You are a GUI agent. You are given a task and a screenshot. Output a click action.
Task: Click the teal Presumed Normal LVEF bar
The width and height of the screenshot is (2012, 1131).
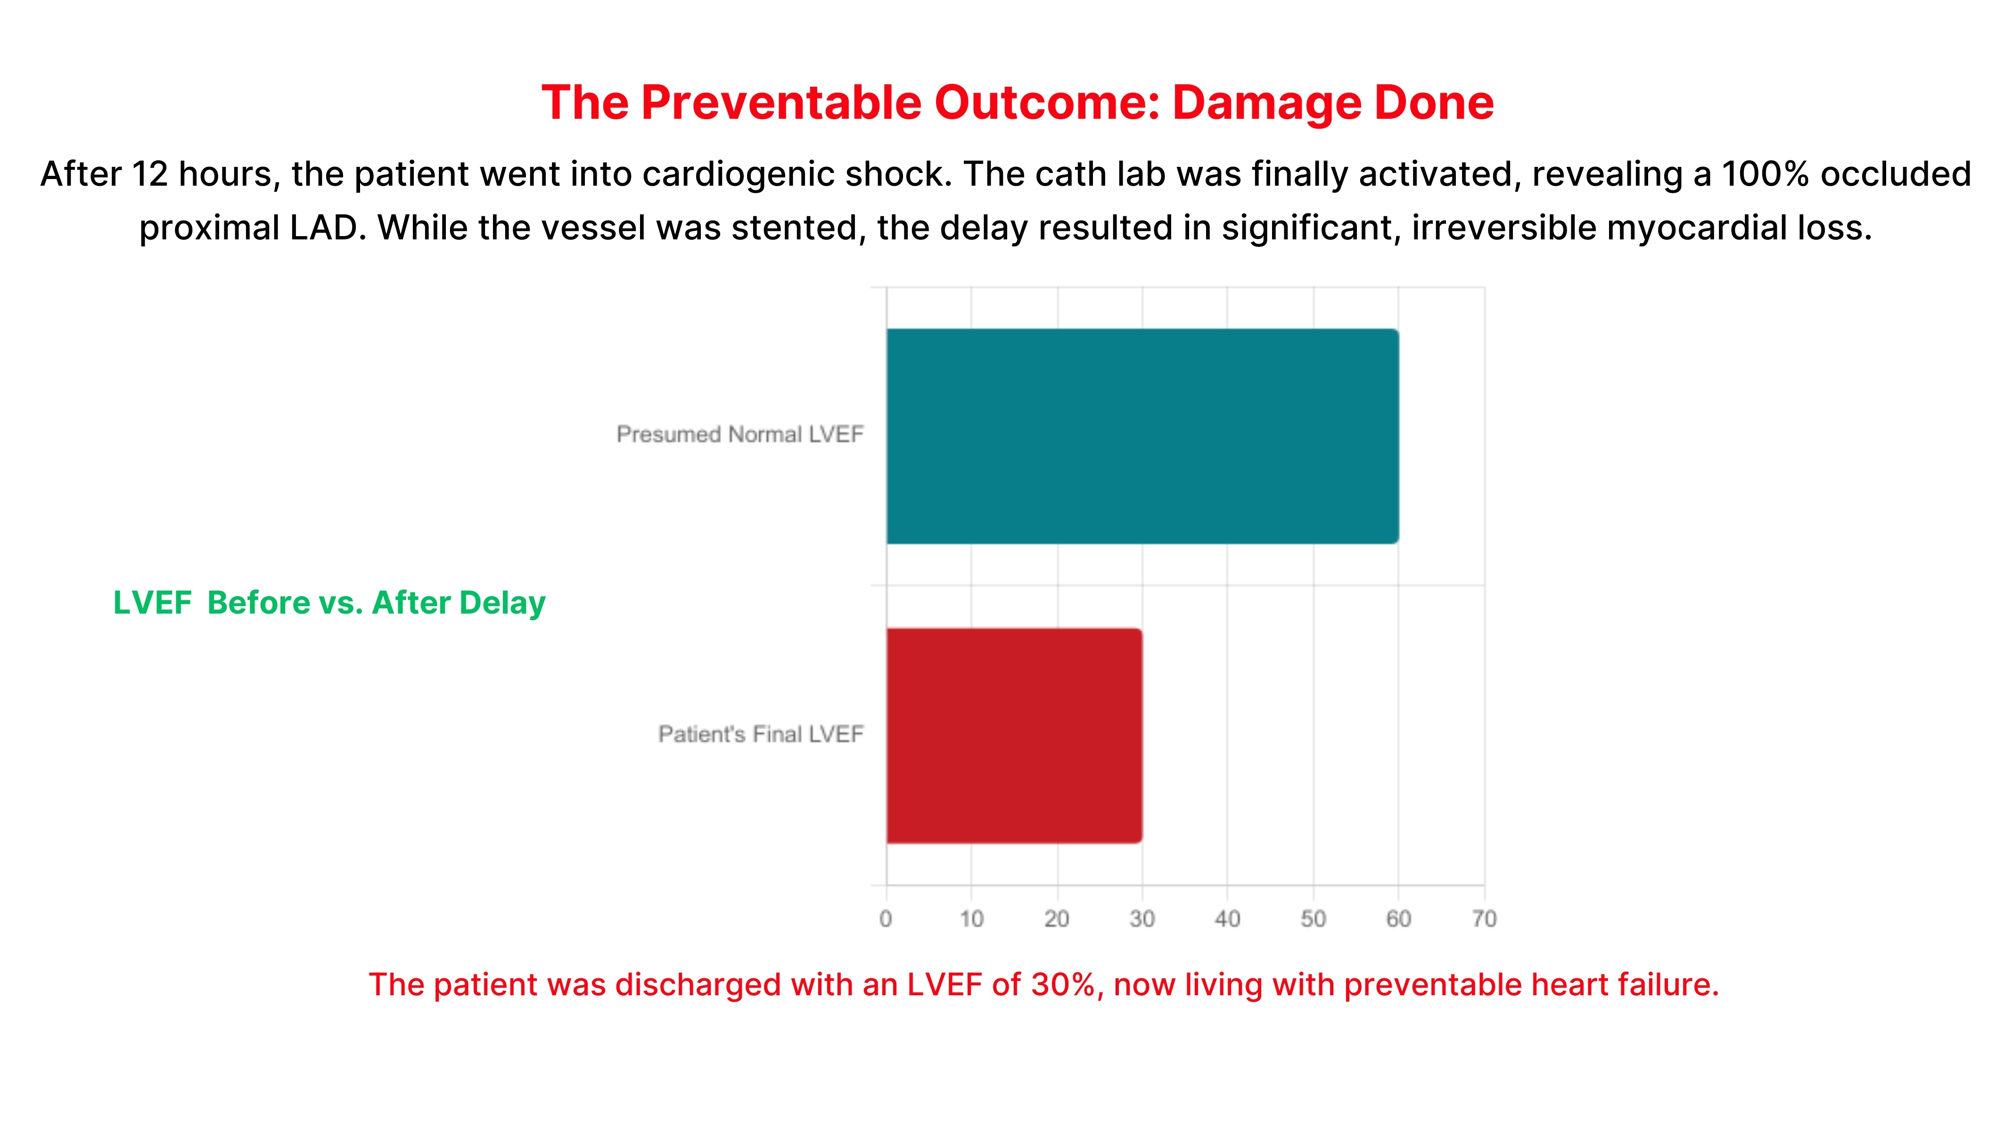click(1142, 436)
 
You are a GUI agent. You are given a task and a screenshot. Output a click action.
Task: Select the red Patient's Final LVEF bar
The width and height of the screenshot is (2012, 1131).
click(1014, 735)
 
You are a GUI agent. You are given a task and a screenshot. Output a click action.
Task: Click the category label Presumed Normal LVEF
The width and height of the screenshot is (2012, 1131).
click(739, 434)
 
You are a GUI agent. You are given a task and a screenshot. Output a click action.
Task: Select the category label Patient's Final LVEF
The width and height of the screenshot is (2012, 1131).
click(761, 734)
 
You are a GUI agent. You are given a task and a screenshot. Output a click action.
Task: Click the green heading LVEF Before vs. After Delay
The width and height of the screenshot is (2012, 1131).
click(329, 603)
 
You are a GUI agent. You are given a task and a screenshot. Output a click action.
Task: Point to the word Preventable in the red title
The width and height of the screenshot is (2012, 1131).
click(781, 103)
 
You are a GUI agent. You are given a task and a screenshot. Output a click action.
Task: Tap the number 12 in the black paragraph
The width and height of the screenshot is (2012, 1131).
click(149, 174)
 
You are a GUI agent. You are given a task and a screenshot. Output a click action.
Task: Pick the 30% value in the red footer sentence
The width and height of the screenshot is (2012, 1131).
click(1062, 985)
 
